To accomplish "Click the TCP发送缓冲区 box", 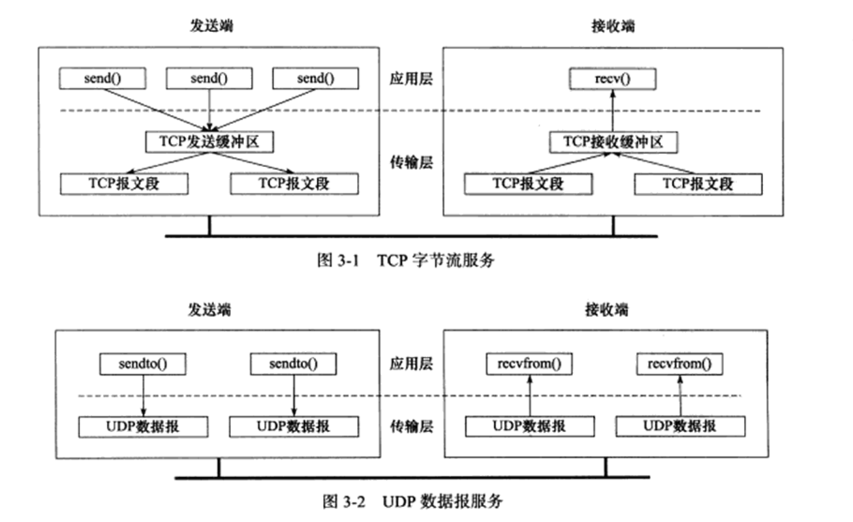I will click(x=208, y=142).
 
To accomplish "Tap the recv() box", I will click(x=612, y=79).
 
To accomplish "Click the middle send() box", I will click(x=208, y=79).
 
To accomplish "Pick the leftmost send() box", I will click(x=102, y=79).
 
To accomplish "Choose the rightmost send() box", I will click(x=315, y=79).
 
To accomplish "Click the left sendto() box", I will click(x=143, y=364).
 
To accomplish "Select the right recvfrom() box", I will click(x=679, y=364).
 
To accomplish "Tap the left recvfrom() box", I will click(x=529, y=364).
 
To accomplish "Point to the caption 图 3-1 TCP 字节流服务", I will click(x=405, y=261).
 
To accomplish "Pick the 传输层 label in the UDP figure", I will click(x=412, y=427).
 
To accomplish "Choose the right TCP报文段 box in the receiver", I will click(x=698, y=184).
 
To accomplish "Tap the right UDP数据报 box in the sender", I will click(x=294, y=427).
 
